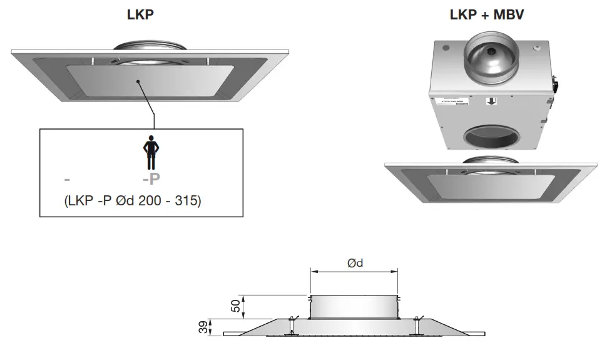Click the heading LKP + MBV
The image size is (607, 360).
(486, 15)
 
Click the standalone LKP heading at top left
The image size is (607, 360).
(141, 15)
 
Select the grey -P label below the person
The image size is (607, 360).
(151, 179)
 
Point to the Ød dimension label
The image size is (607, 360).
(355, 263)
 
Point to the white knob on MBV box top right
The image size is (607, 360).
(536, 46)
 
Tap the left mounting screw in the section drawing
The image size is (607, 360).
(291, 327)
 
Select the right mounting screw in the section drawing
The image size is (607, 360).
(416, 327)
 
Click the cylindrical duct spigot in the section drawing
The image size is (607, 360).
(355, 306)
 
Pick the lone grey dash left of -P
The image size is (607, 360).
(67, 180)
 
